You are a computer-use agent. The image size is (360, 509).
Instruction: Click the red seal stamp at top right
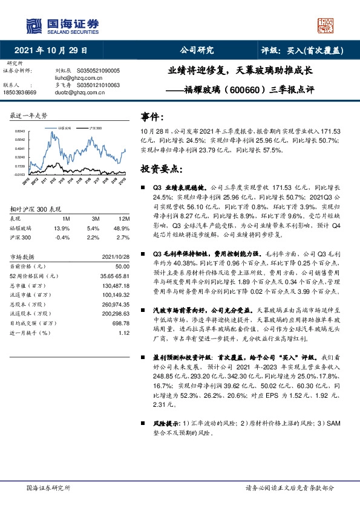pos(326,25)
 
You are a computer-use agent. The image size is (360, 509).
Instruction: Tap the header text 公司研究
pos(197,51)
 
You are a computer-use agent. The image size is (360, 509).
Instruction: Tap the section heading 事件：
pos(152,117)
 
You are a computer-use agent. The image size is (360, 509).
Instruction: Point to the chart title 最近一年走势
pos(28,115)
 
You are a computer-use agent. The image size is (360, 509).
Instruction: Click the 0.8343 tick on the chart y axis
pos(19,131)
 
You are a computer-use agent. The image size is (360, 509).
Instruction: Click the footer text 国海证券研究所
pos(48,487)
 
